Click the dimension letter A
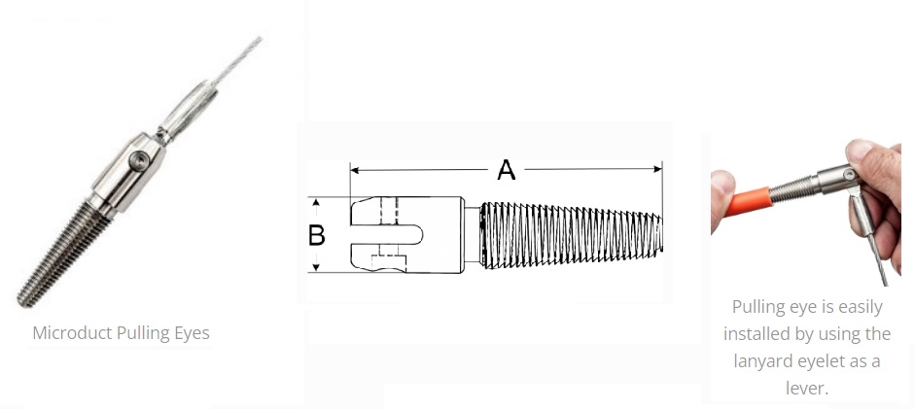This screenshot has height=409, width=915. point(507,170)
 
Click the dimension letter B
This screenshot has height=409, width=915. point(316,235)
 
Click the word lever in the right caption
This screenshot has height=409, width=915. point(806,388)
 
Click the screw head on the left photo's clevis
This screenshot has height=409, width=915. point(139,159)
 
